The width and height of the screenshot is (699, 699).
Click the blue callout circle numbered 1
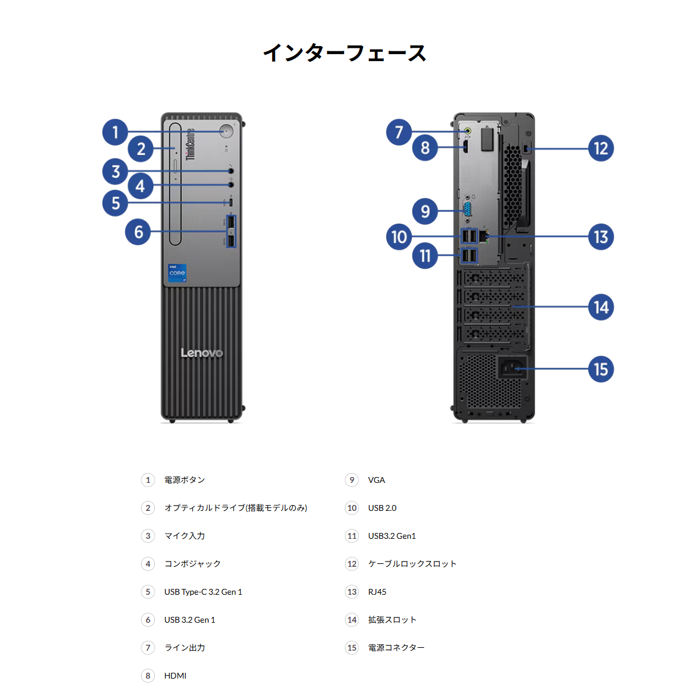(115, 132)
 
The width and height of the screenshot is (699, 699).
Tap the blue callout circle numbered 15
(601, 369)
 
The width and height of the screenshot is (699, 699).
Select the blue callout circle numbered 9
(425, 211)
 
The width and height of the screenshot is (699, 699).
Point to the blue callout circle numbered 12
(601, 149)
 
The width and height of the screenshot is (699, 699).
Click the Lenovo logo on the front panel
(202, 353)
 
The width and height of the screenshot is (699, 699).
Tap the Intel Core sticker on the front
(177, 273)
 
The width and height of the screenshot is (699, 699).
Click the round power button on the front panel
(227, 131)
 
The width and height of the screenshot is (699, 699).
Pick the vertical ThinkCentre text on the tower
(190, 144)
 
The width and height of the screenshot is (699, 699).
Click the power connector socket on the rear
(511, 368)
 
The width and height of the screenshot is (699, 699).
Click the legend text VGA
(376, 480)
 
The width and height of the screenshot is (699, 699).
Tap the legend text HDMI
(175, 676)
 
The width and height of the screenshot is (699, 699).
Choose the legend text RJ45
(377, 592)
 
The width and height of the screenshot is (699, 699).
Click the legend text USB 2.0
(382, 508)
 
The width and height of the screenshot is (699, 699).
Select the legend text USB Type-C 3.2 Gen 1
(203, 592)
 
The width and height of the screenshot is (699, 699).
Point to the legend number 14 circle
(352, 620)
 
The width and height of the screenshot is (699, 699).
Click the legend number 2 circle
(148, 508)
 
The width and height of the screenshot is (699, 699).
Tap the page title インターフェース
(345, 54)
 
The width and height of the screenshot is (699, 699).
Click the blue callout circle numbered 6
(139, 232)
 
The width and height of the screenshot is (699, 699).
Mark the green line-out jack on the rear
(467, 132)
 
